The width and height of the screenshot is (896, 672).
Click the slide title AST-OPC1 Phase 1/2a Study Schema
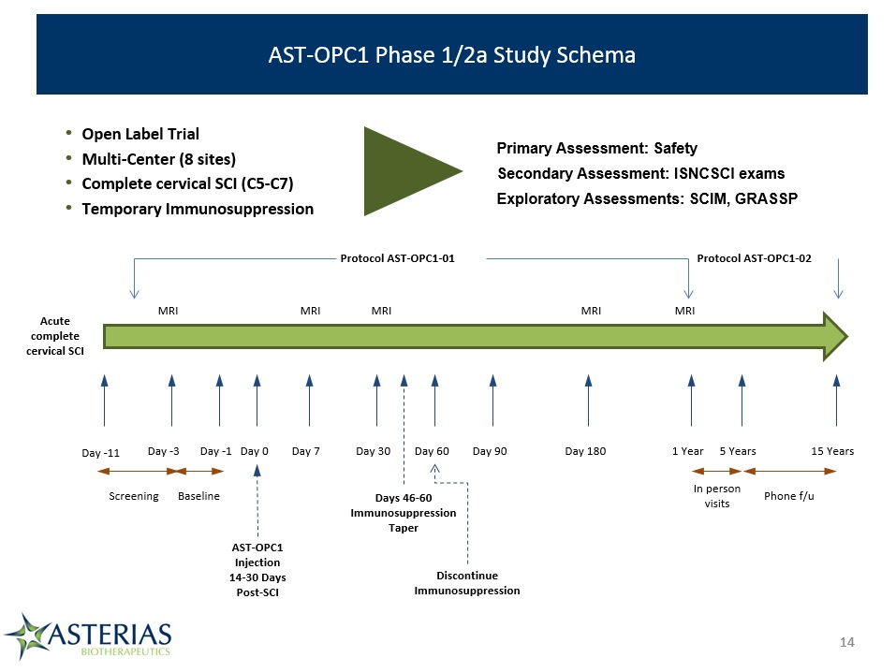click(x=451, y=55)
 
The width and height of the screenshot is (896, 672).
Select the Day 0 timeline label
click(x=255, y=451)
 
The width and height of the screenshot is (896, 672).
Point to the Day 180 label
click(x=585, y=451)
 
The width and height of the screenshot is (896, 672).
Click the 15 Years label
click(x=832, y=451)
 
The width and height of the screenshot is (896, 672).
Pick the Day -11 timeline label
click(x=100, y=453)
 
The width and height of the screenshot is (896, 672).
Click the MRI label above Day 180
click(x=591, y=311)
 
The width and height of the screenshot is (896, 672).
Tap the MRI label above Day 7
click(x=310, y=311)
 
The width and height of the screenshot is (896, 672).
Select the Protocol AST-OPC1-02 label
click(x=754, y=258)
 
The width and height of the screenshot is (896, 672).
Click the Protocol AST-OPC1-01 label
click(x=397, y=258)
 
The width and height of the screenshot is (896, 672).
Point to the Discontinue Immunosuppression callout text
click(x=467, y=583)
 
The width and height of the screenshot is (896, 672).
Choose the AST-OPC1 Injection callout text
click(x=257, y=570)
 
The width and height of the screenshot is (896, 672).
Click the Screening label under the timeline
click(x=134, y=496)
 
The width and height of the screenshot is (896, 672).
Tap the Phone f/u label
click(x=788, y=496)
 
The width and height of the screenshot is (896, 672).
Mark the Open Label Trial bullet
click(x=140, y=134)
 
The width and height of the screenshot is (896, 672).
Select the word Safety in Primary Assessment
click(x=675, y=149)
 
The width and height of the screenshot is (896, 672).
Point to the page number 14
click(x=847, y=642)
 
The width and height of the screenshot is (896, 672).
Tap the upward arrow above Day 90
click(x=493, y=400)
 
